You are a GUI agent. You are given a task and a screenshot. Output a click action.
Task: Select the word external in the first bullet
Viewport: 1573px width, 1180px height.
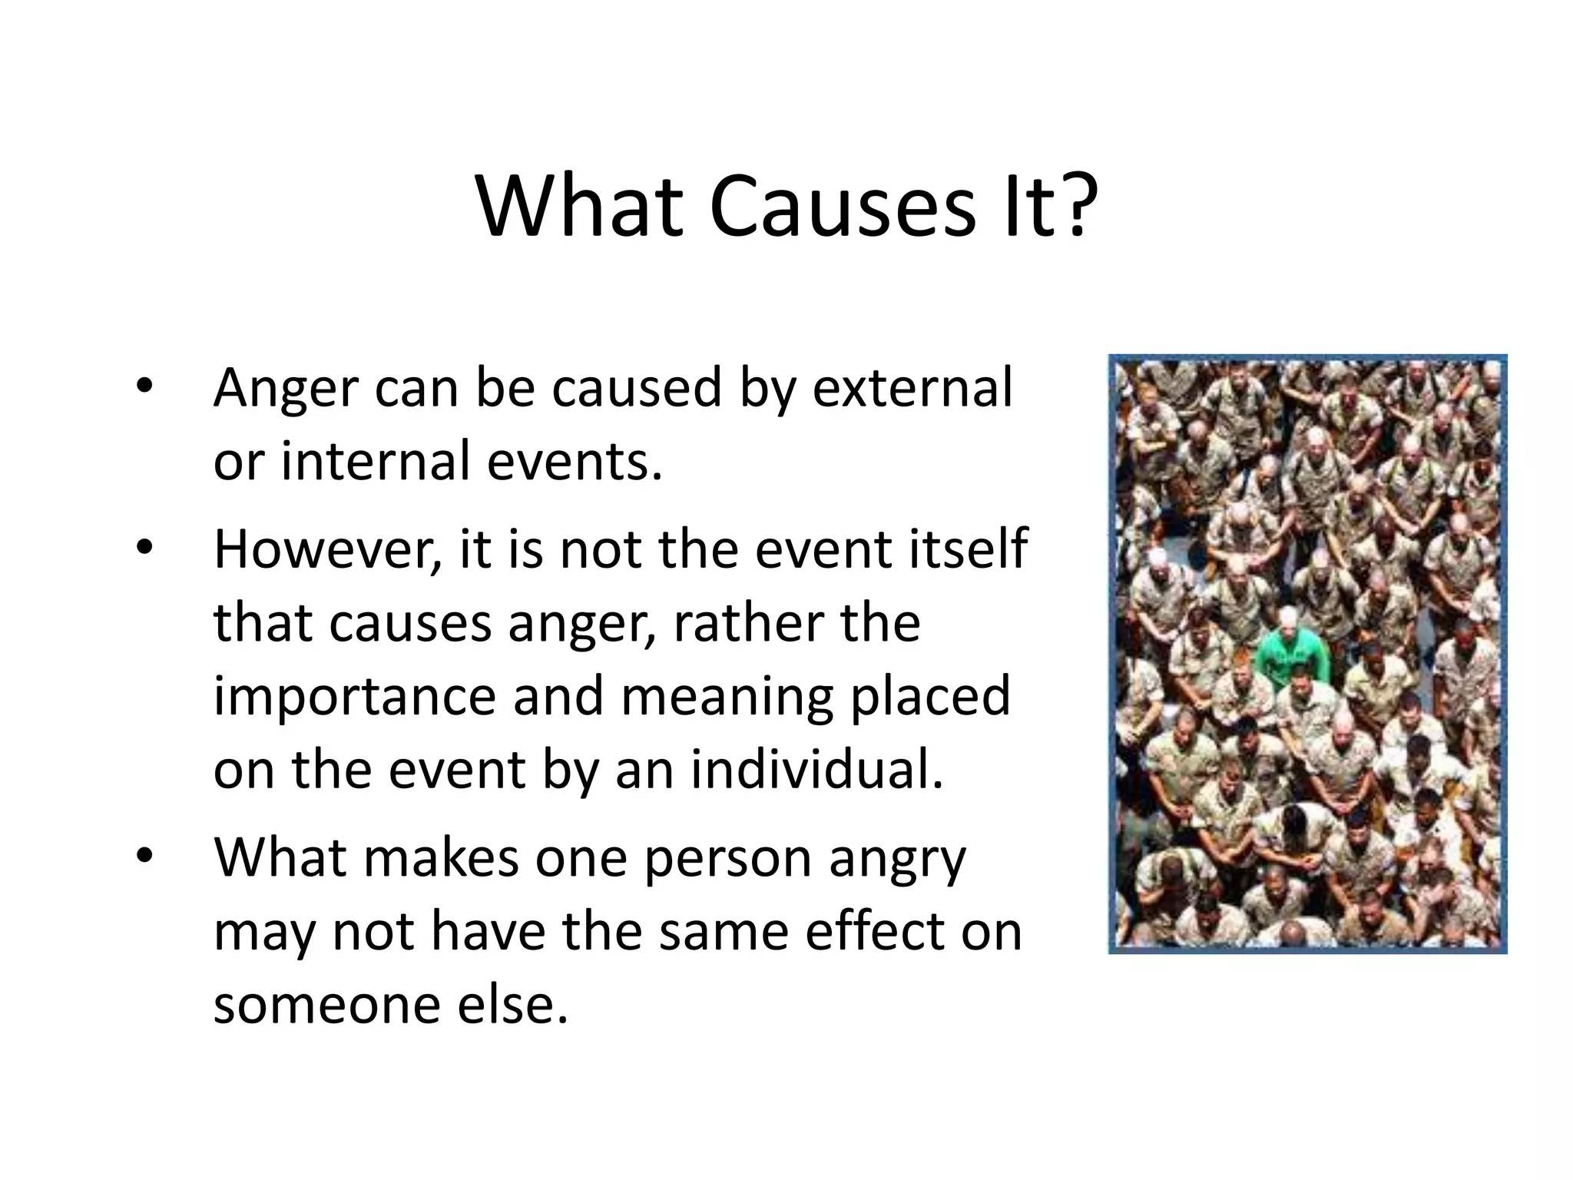(x=912, y=387)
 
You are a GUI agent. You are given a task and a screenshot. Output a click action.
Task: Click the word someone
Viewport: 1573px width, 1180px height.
(x=326, y=1005)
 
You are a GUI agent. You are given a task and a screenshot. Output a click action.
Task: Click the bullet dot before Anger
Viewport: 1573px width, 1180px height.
(x=144, y=386)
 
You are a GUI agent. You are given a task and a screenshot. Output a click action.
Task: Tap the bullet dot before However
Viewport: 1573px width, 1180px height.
(x=144, y=549)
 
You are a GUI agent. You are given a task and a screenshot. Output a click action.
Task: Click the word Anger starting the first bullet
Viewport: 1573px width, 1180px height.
(x=286, y=389)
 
